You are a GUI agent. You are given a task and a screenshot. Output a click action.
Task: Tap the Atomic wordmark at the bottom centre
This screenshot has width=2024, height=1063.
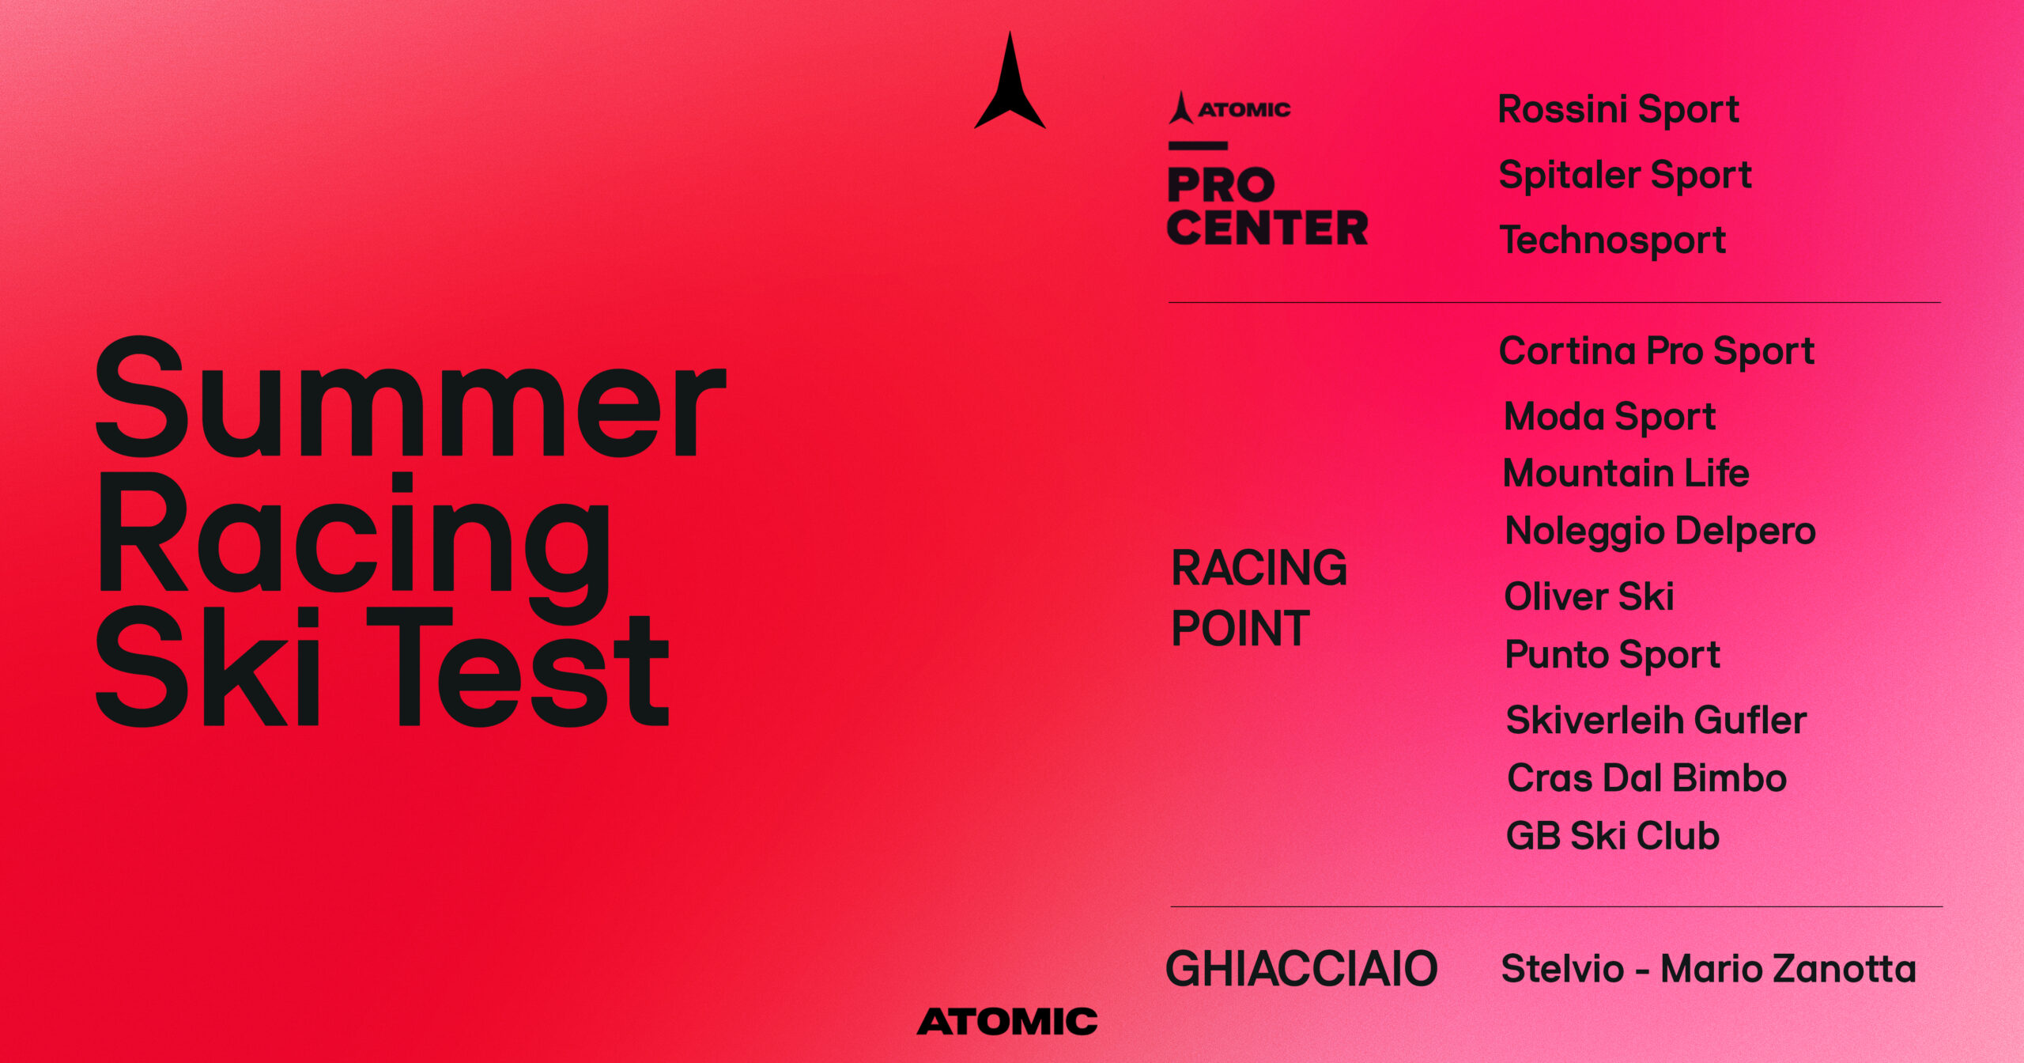pyautogui.click(x=1007, y=1021)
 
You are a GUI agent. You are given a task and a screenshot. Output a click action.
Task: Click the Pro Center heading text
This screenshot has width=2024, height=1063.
pyautogui.click(x=1267, y=206)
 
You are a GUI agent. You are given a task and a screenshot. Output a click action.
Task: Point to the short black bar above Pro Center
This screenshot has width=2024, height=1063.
pyautogui.click(x=1198, y=146)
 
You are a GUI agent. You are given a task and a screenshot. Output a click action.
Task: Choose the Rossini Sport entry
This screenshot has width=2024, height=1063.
pyautogui.click(x=1618, y=110)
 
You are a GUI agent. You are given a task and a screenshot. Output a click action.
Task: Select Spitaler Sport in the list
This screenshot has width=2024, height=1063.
pyautogui.click(x=1625, y=176)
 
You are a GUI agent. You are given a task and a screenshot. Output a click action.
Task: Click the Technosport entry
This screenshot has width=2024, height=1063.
pyautogui.click(x=1613, y=240)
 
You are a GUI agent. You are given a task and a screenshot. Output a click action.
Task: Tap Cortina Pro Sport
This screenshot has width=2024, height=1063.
pyautogui.click(x=1656, y=352)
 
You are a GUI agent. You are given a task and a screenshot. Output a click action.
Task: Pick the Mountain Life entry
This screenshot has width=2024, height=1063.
pyautogui.click(x=1626, y=473)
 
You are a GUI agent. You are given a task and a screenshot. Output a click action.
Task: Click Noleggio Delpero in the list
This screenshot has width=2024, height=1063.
pyautogui.click(x=1660, y=531)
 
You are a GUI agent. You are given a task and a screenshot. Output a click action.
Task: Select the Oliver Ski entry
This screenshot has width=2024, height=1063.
pyautogui.click(x=1589, y=596)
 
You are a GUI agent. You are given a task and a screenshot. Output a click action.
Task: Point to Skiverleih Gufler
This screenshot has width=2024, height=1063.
pyautogui.click(x=1656, y=720)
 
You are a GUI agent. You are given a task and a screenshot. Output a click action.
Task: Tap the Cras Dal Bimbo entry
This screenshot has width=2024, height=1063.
pyautogui.click(x=1647, y=777)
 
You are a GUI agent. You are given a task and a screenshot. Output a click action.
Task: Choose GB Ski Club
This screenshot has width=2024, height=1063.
pyautogui.click(x=1613, y=836)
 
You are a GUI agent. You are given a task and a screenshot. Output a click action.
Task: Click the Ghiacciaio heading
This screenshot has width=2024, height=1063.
pyautogui.click(x=1301, y=969)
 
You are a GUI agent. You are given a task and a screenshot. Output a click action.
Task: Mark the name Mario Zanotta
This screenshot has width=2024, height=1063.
pyautogui.click(x=1788, y=969)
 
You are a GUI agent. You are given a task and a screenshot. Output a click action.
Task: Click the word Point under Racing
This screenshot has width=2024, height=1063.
pyautogui.click(x=1240, y=629)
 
